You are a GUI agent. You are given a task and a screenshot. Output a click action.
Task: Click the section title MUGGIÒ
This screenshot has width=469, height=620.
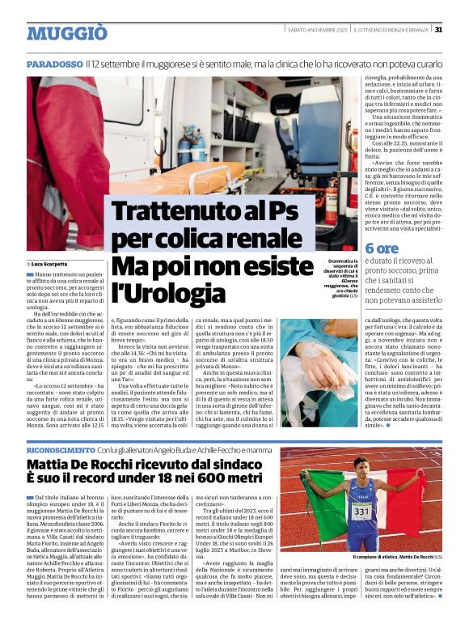[67, 32]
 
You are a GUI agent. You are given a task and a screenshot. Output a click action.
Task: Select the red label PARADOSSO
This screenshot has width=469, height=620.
[54, 63]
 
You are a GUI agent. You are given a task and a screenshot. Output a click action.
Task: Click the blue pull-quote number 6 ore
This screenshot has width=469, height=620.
[382, 248]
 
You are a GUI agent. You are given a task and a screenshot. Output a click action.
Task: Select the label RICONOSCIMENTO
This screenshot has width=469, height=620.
[60, 449]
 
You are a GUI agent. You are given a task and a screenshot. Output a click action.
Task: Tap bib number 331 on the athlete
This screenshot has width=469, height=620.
[362, 512]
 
